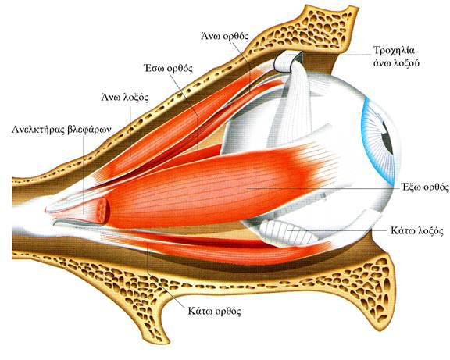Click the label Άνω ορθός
point(224,37)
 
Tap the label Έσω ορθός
point(168,68)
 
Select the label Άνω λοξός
point(125,98)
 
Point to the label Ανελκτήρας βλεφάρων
point(62,129)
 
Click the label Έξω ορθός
point(425,187)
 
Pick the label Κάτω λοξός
point(417,231)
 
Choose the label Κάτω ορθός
point(214,311)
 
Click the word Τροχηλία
point(394,50)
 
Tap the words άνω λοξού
point(396,62)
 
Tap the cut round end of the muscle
point(102,211)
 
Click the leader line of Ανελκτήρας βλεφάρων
point(84,175)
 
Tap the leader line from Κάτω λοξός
point(337,230)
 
